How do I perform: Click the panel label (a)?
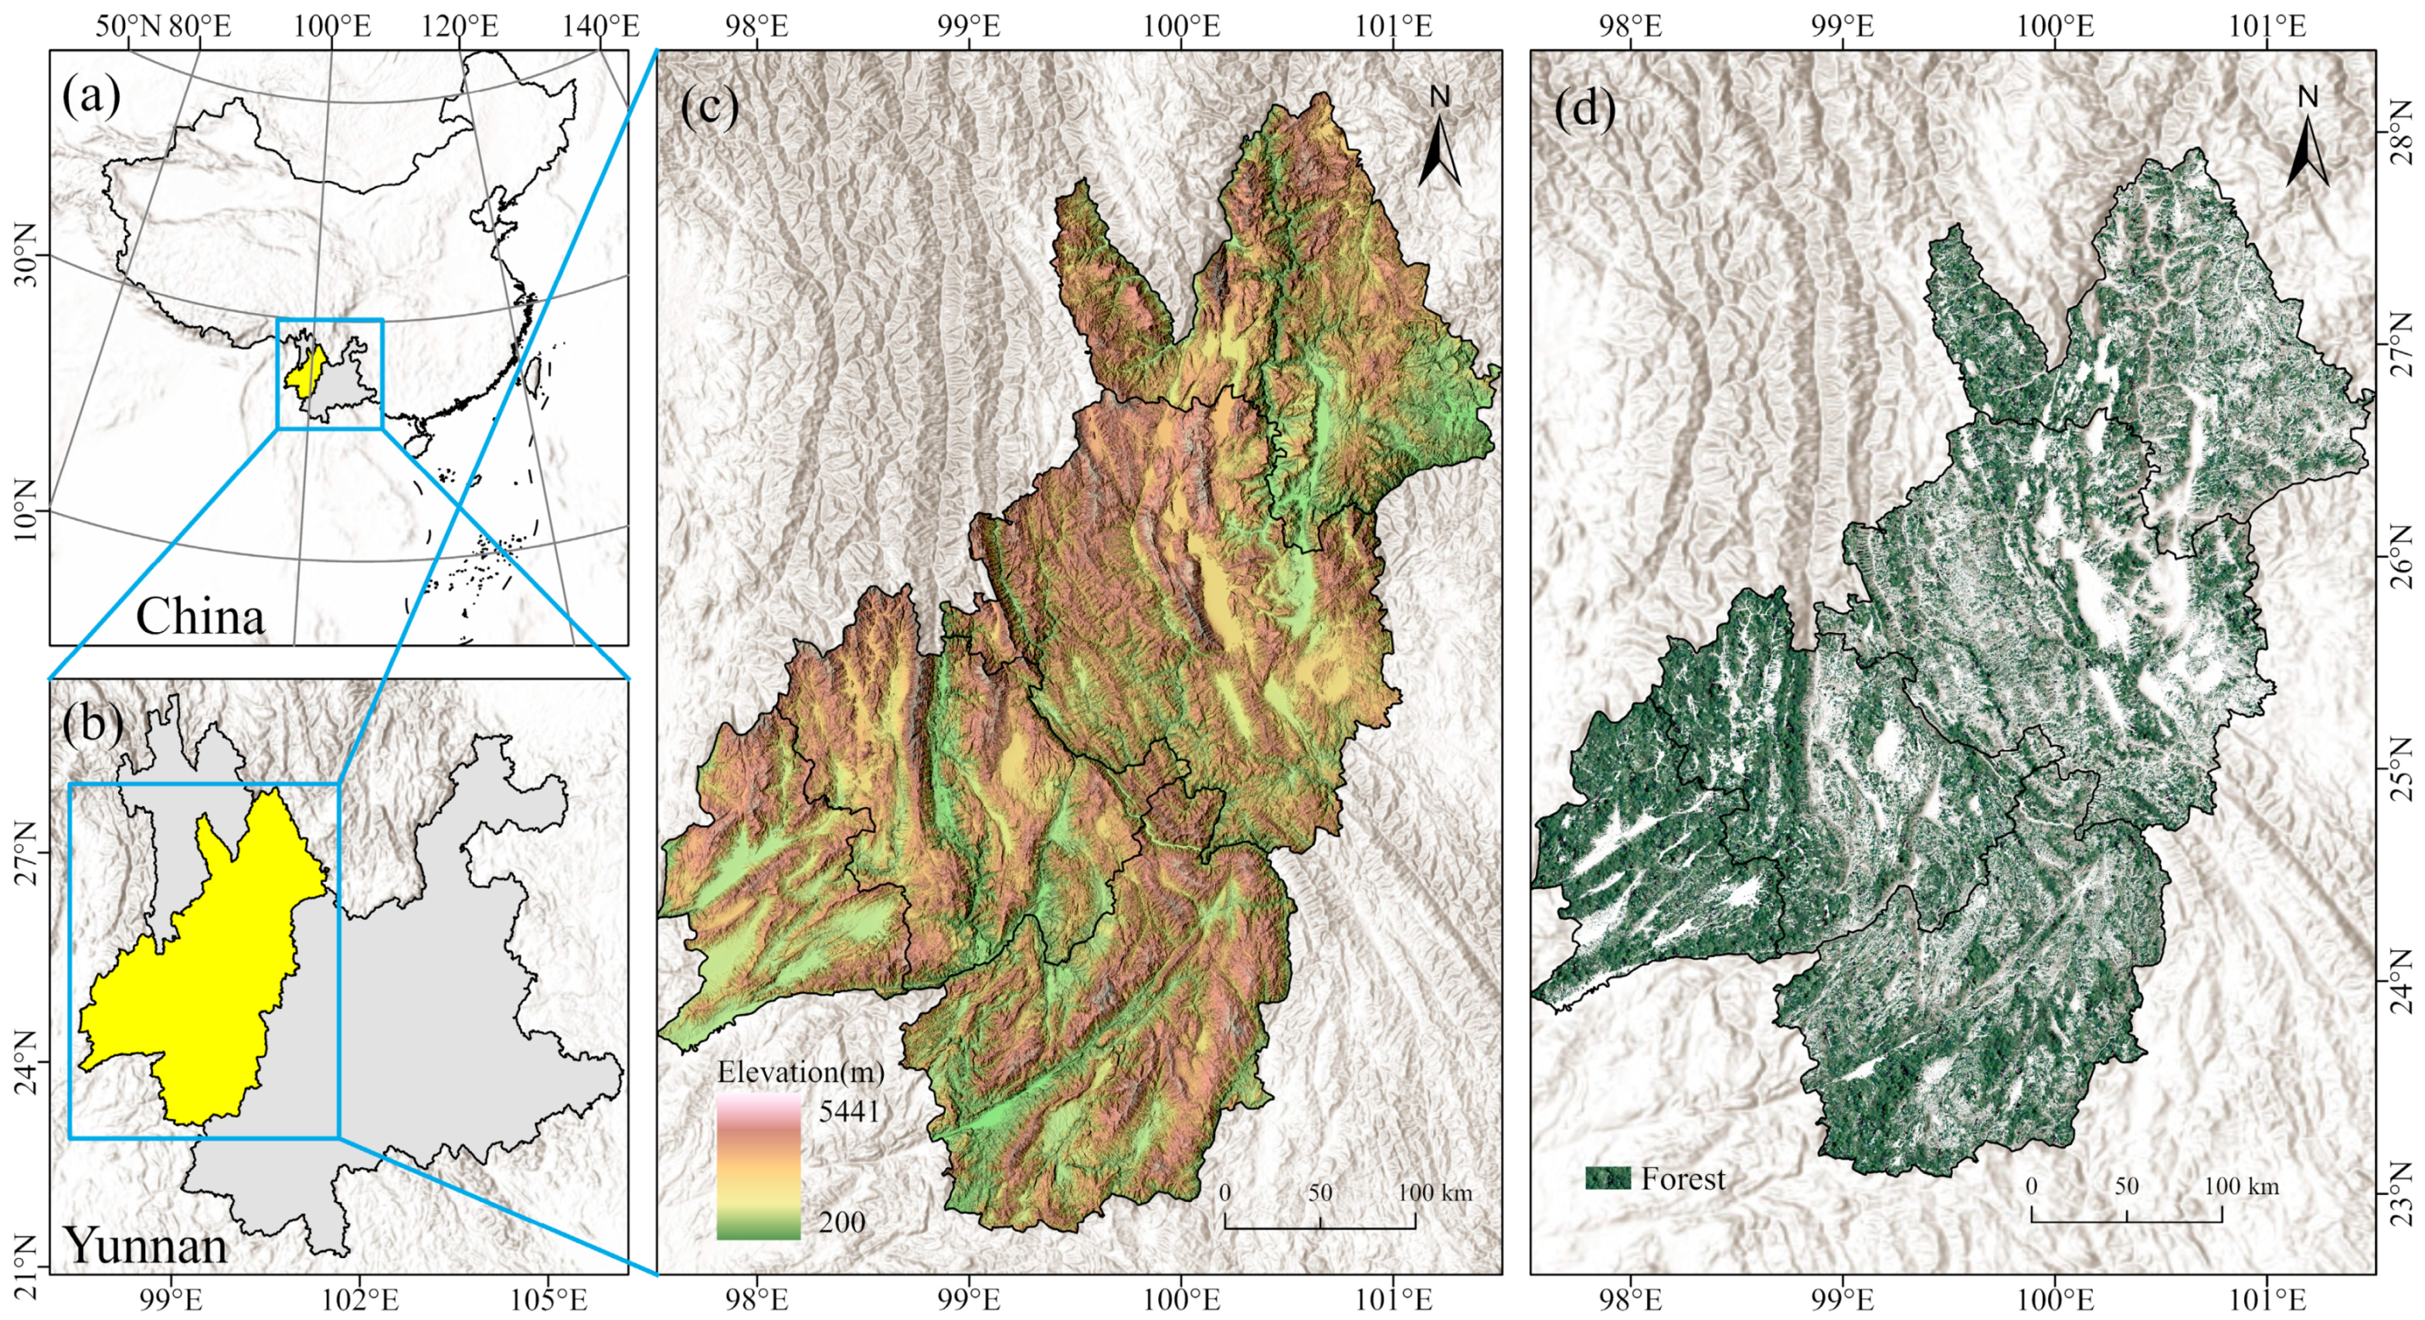pos(91,96)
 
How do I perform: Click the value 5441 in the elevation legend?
pos(848,1111)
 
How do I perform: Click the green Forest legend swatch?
pos(1607,1178)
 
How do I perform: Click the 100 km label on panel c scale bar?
pos(1435,1193)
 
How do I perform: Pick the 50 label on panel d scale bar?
pos(2127,1186)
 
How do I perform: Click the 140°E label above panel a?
pos(600,26)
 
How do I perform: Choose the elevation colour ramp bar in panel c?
pos(758,1165)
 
